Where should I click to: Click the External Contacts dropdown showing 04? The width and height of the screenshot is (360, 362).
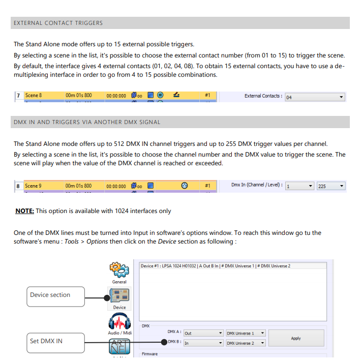[314, 97]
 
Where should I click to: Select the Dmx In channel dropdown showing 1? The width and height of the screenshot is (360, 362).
[299, 186]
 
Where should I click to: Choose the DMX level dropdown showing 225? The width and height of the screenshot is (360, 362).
[331, 186]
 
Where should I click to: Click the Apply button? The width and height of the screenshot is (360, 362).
[295, 338]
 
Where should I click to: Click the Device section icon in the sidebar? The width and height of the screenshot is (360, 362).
[119, 296]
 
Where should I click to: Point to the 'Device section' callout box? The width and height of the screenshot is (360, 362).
[55, 295]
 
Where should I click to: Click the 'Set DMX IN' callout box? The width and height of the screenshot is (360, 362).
[55, 341]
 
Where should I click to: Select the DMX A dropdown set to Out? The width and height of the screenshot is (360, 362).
[203, 333]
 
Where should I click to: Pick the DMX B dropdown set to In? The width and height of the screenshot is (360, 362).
[203, 343]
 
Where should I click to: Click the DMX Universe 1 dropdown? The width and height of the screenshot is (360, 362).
[246, 333]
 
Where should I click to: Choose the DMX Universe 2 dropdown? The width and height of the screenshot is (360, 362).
[246, 343]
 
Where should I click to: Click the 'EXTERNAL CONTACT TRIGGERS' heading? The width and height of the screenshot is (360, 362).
[58, 23]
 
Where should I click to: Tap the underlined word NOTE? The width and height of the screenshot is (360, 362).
[24, 211]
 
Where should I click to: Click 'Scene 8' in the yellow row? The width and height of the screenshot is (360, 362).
[34, 96]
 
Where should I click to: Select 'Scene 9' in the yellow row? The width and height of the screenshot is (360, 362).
[34, 186]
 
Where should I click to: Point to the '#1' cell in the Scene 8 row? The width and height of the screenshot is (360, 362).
[207, 95]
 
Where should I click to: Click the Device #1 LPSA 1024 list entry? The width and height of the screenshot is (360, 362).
[215, 266]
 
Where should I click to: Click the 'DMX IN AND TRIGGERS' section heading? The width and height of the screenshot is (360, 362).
[87, 122]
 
